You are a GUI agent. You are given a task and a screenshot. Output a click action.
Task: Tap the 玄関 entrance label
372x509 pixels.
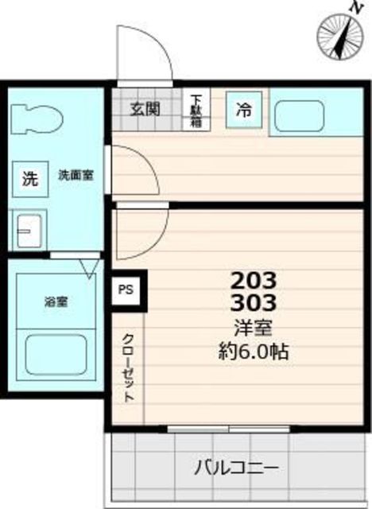(146, 108)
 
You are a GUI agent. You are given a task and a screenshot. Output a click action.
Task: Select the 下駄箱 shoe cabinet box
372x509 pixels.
(196, 111)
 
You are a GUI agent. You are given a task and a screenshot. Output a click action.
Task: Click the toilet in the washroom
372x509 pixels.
(37, 122)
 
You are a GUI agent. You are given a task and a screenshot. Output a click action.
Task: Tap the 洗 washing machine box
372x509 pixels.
(29, 179)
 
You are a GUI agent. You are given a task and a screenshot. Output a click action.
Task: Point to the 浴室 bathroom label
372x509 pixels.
(55, 301)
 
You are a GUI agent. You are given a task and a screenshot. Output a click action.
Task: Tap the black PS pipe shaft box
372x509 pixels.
(126, 290)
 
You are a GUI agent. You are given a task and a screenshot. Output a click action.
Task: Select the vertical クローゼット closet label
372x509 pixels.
(127, 367)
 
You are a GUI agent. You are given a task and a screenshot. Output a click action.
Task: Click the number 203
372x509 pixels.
(254, 281)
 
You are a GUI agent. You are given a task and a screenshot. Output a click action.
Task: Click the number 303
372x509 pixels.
(254, 302)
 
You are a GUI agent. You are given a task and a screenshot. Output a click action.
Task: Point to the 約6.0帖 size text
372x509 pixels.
(254, 351)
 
